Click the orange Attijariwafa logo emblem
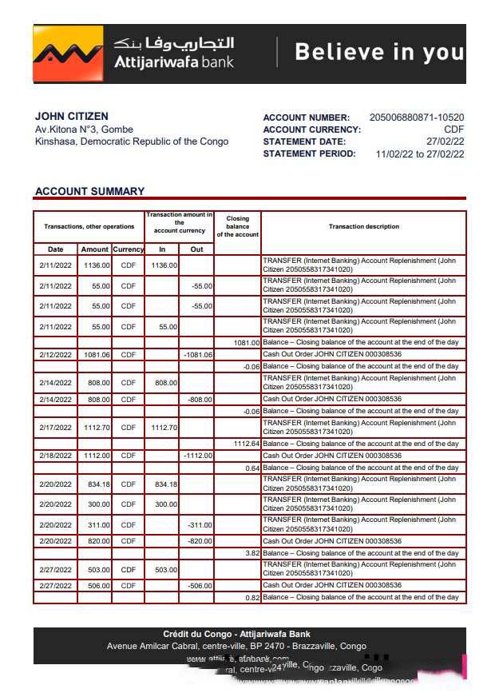coord(68,54)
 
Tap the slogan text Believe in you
coord(378,53)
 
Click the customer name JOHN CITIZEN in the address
coord(72,117)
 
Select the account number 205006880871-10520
coord(416,117)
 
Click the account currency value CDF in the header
coord(453,129)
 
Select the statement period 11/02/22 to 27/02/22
coord(419,154)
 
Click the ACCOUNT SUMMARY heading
coord(89,191)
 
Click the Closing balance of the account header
coord(237,226)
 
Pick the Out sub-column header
coord(196,249)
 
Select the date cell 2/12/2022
coord(55,354)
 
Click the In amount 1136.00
coord(164,265)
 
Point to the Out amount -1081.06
coord(197,354)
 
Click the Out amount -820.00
coord(200,541)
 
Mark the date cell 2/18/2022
coord(55,456)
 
